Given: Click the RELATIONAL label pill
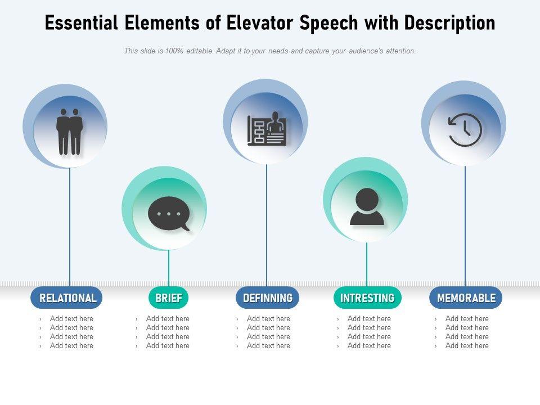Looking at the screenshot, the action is tap(67, 298).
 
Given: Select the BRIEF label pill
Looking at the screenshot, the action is tap(169, 298).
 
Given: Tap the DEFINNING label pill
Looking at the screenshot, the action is tap(268, 298).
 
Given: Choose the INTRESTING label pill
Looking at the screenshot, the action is tap(367, 298).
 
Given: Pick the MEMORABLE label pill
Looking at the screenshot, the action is tap(466, 298).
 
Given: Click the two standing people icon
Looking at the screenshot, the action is tap(70, 132).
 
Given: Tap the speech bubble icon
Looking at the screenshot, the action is tap(168, 214).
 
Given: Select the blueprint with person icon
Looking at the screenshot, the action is tap(267, 129).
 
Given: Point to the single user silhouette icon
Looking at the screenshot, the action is tap(367, 206).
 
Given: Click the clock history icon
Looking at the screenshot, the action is tap(465, 130).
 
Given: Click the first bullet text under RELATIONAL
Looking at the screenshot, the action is tap(71, 319).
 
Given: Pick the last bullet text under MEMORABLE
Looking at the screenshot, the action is tap(467, 346).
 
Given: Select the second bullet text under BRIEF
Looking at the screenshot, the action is tap(168, 328).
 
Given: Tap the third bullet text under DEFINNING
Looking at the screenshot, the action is tap(268, 337).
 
